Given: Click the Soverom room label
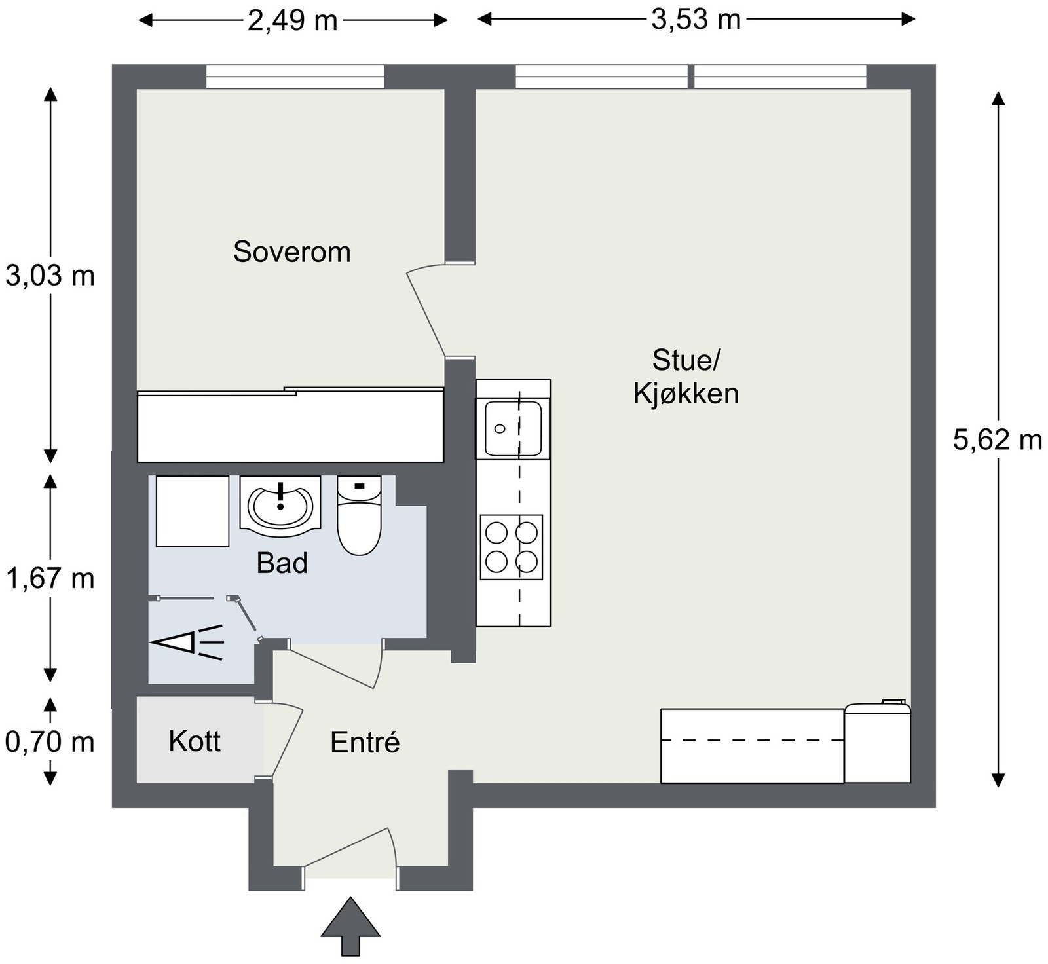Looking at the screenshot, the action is point(292,252).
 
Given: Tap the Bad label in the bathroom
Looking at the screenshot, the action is point(282,563).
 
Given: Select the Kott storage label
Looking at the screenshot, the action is point(195,741).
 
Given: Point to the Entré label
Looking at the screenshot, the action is point(365,743).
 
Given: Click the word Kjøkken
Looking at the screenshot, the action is point(686,394).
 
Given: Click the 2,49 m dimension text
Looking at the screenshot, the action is point(292,21).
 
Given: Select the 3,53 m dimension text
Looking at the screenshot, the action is point(696,20).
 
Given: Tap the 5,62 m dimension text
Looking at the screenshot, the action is point(997,439).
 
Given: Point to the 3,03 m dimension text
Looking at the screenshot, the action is point(50,276).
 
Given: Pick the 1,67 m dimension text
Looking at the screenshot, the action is point(50,579).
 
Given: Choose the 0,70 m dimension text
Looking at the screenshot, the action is point(50,742).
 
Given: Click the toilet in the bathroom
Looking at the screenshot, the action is point(359,515).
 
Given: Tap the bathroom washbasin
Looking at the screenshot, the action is point(280,503).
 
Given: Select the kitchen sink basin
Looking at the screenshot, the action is point(513,429).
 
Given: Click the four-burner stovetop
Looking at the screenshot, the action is point(512,547).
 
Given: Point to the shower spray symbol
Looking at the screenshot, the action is point(187,642).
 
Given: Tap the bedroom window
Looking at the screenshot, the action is point(295,76).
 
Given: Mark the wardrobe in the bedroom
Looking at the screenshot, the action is point(290,426).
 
